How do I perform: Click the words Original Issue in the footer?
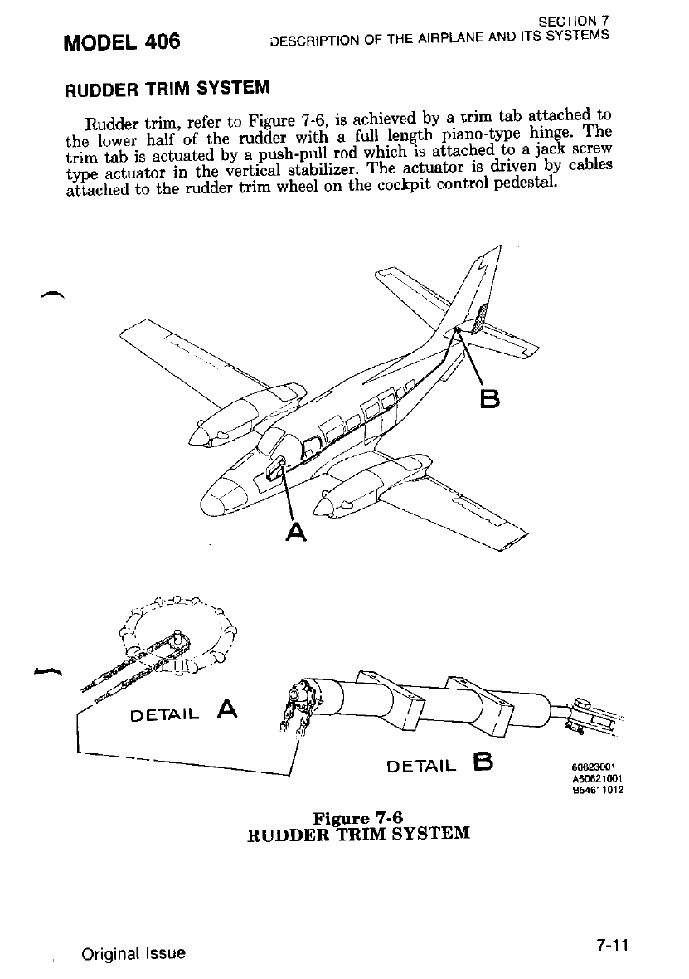(x=133, y=953)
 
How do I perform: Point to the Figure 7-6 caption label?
(x=359, y=819)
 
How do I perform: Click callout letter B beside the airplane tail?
(x=491, y=400)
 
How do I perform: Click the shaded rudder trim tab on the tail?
(x=478, y=319)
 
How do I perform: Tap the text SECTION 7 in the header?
(x=573, y=20)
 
